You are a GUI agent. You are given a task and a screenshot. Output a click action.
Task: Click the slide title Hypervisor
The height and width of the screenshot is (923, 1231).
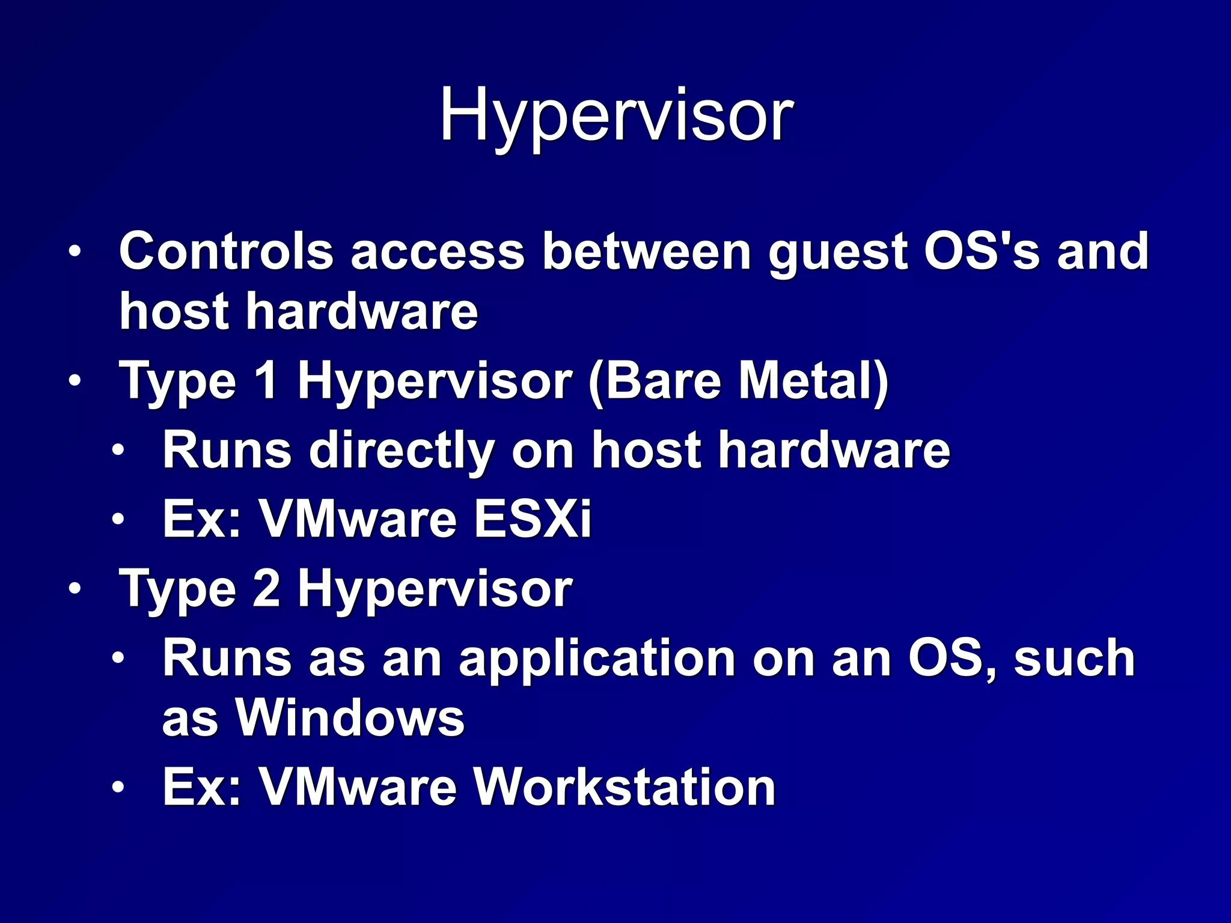[x=616, y=115]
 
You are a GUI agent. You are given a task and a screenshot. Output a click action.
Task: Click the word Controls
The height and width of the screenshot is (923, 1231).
[x=226, y=251]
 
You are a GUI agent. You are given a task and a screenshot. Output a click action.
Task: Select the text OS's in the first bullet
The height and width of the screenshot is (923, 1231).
[x=982, y=250]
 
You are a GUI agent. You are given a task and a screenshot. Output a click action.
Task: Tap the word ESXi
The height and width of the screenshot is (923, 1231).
[x=533, y=519]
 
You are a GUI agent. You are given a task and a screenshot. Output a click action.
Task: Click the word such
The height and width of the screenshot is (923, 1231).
[x=1074, y=659]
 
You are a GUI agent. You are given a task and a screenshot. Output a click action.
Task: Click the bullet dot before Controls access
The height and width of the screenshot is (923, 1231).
[x=73, y=252]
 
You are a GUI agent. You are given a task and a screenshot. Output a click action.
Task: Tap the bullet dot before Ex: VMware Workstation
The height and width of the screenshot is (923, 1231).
[x=118, y=787]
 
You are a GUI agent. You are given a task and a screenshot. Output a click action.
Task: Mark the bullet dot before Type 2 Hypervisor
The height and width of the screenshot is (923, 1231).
[x=73, y=589]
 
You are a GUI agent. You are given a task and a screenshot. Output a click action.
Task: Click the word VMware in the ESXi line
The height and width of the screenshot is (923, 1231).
[x=358, y=519]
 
